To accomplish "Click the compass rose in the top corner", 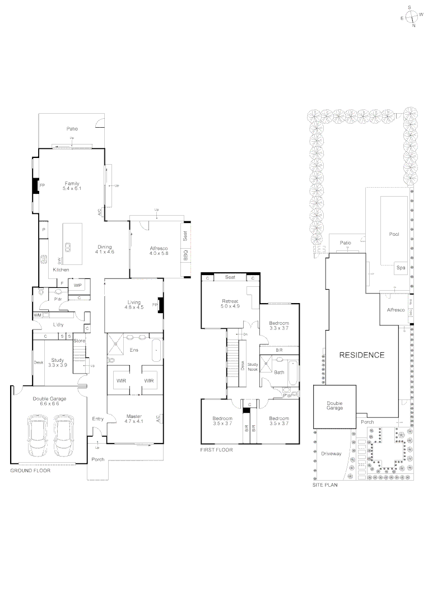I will (x=411, y=16).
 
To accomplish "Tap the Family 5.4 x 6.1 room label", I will (x=72, y=187).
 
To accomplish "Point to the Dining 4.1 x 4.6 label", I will (x=105, y=250).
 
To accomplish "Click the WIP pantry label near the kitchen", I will (x=78, y=285).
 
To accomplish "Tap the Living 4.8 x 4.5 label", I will (x=134, y=305).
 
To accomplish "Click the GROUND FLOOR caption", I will (x=30, y=471).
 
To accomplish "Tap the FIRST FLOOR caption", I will (x=216, y=449).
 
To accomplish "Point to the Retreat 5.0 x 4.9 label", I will (x=230, y=304).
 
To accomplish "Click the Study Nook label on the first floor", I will (x=252, y=367).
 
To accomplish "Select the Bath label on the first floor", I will (x=278, y=372).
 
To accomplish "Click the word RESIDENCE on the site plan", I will (x=361, y=355).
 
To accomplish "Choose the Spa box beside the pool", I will (x=401, y=268).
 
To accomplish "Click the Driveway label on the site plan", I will (x=332, y=454).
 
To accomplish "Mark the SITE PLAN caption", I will (x=325, y=485).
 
